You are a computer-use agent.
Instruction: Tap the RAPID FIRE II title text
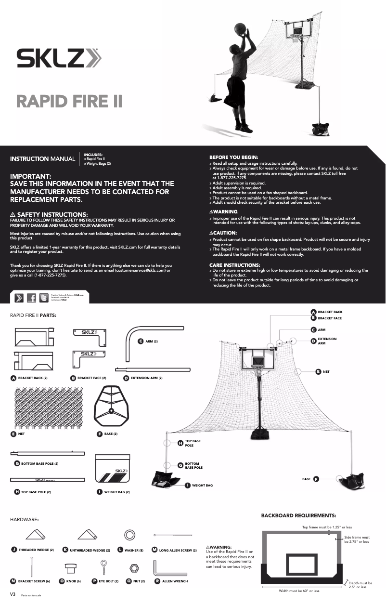(69, 102)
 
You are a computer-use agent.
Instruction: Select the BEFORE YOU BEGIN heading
(233, 158)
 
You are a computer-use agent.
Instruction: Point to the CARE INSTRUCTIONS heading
(235, 265)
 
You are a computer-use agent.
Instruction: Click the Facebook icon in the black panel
(31, 298)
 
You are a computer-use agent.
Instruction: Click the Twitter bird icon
(44, 298)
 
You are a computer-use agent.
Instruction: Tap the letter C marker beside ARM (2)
(141, 341)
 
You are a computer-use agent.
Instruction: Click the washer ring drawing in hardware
(129, 535)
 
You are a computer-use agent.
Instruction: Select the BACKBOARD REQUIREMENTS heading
(298, 515)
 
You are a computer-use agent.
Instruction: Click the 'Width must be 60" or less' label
(299, 591)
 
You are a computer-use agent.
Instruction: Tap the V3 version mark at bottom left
(13, 594)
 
